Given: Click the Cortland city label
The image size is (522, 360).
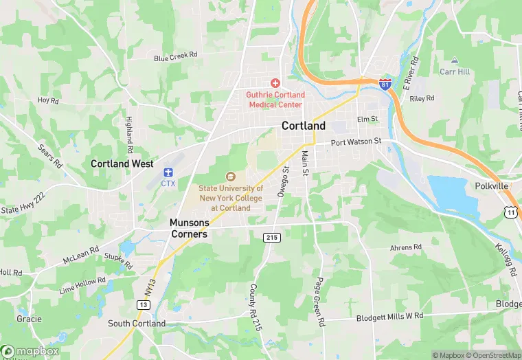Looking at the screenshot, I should point(304,126).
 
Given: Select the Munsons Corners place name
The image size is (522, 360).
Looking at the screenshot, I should point(189,228).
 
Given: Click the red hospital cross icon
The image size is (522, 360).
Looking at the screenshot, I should point(275,82).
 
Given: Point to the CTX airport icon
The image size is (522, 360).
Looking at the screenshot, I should point(168,172).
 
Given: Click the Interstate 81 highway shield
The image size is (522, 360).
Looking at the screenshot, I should point(385,82).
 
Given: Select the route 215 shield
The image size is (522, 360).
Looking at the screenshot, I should point(271,236).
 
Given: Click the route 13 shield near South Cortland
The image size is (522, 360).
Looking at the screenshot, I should point(144,304).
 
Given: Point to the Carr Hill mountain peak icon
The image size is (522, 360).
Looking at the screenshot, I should point(454,60).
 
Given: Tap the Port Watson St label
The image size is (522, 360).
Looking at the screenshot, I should point(355,142).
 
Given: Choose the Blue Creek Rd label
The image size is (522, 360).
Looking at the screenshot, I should point(176,57).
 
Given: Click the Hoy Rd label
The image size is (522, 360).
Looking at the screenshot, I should point(49,100).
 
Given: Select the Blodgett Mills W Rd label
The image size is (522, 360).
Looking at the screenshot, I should point(389,317).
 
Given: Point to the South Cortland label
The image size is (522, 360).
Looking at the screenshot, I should point(137,324).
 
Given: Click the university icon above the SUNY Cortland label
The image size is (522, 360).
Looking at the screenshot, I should point(230,177).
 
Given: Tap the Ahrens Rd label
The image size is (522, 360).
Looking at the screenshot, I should point(405,247).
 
